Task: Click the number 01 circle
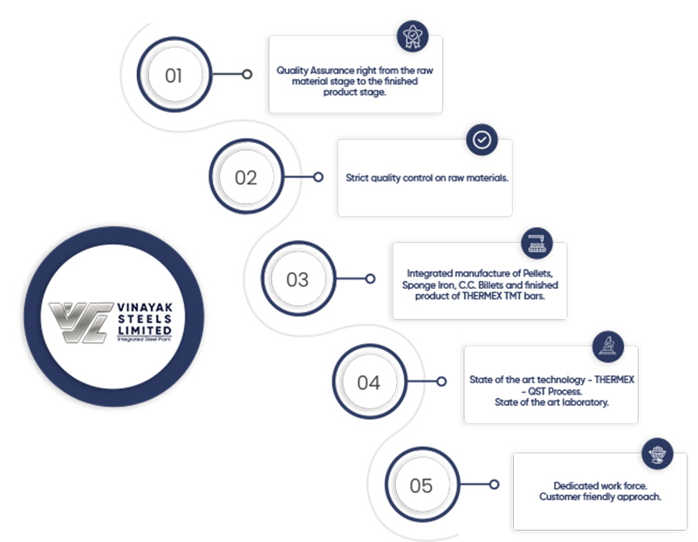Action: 173,75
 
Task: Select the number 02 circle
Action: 246,178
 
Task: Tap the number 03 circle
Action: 298,280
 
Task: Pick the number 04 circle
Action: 369,382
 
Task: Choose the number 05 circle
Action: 421,485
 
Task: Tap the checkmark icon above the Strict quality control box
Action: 480,139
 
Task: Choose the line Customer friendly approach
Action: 599,497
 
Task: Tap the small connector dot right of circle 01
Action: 248,75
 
